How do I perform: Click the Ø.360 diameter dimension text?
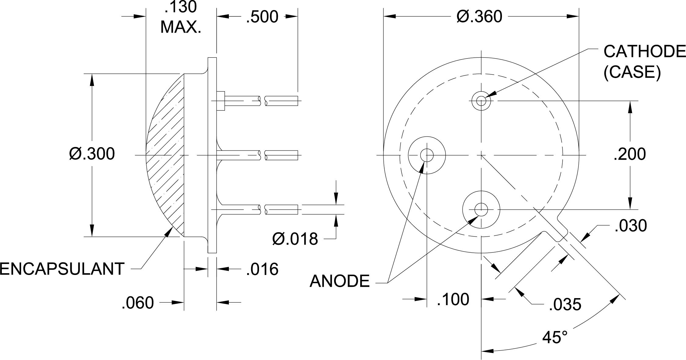[479, 17]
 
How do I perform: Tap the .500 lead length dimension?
[262, 17]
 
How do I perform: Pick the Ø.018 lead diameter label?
[295, 239]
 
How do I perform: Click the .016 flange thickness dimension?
[262, 269]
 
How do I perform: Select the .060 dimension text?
[137, 303]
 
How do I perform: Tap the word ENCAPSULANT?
[62, 269]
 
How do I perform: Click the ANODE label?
[339, 281]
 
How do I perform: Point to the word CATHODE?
[644, 52]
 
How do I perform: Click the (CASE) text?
[632, 73]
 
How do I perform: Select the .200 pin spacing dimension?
[630, 154]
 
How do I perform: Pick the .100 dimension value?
[453, 299]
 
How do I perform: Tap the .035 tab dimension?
[565, 305]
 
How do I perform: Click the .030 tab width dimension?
[631, 226]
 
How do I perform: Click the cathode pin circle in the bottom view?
[481, 100]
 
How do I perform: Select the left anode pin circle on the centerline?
[427, 155]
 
